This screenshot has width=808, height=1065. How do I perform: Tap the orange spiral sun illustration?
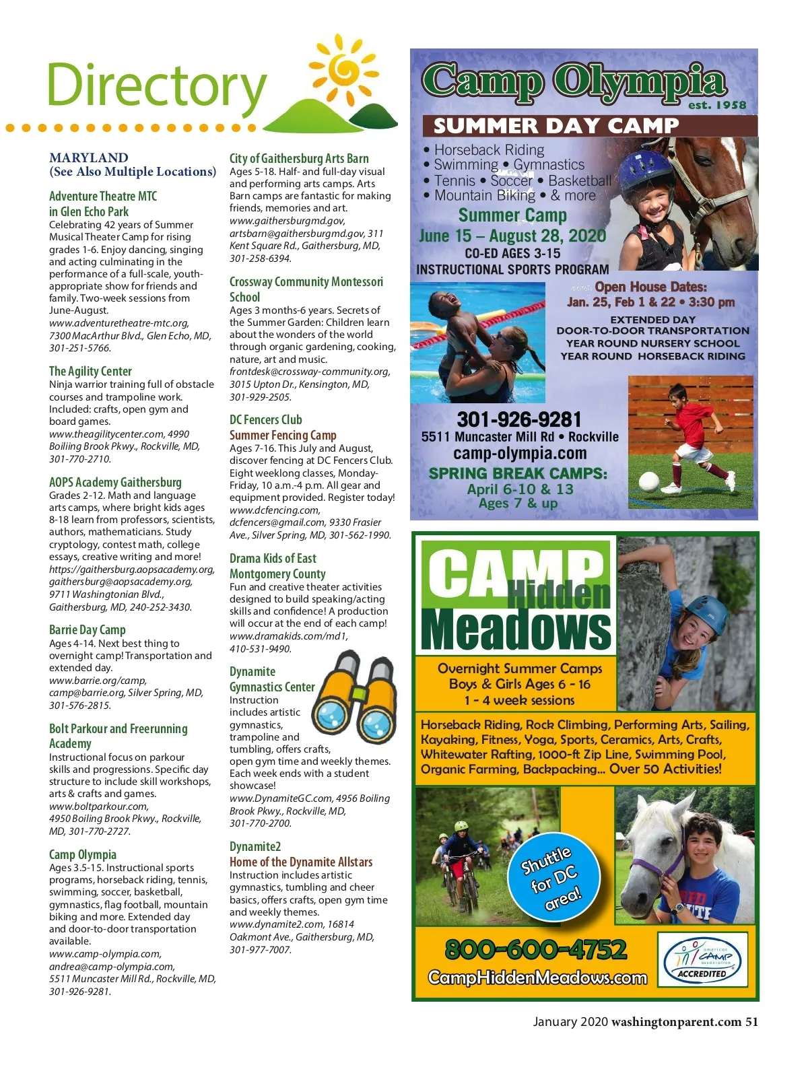click(344, 70)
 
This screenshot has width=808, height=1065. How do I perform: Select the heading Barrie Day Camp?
click(88, 630)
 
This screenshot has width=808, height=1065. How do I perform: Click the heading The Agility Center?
click(90, 371)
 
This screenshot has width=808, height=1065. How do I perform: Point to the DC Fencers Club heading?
click(265, 419)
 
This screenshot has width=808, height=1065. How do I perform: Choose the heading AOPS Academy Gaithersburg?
click(115, 482)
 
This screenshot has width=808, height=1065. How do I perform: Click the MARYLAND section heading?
click(88, 158)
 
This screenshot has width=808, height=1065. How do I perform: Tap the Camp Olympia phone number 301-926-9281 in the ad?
click(518, 419)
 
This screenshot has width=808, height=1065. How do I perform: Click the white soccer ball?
click(648, 481)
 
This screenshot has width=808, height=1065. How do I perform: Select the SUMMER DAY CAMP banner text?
click(555, 126)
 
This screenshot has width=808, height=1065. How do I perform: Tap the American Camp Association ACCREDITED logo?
click(702, 959)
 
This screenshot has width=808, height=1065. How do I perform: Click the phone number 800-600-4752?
click(536, 949)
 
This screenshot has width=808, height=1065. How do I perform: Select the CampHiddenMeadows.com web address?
click(537, 977)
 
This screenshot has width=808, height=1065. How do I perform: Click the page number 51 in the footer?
click(751, 1021)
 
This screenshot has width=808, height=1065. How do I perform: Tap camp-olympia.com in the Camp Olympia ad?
click(520, 454)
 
